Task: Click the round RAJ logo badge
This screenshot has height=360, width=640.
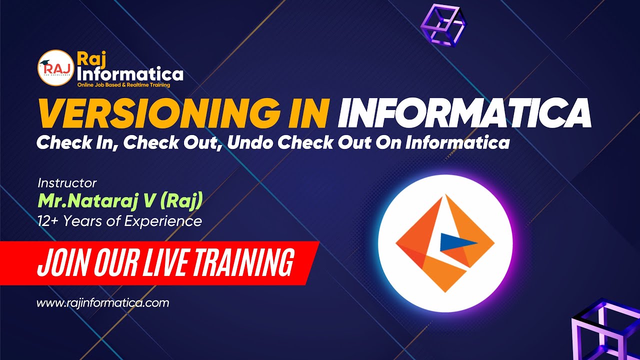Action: coord(56,68)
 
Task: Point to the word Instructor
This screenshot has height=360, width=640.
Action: coord(67,183)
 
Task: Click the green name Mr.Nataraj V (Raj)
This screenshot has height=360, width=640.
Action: coord(120,201)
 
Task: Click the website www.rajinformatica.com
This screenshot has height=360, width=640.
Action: coord(103,303)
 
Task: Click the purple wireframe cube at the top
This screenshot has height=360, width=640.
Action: coord(443,25)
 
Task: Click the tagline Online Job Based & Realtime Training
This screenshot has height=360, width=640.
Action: coord(123,85)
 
